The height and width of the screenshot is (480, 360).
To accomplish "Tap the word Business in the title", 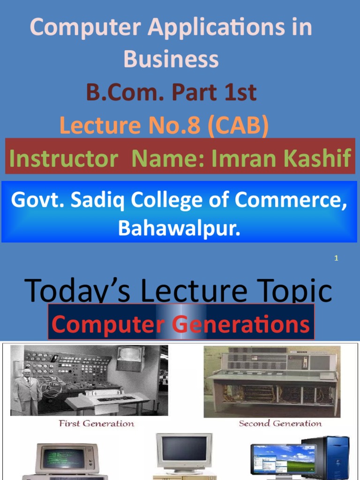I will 171,60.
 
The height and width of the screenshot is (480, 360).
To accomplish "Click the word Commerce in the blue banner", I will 292,201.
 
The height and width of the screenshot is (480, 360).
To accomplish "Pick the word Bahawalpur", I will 179,228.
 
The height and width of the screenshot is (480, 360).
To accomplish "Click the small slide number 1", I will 336,258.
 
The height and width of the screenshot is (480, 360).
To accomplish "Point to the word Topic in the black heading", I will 293,291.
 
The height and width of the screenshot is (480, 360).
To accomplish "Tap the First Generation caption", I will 96,424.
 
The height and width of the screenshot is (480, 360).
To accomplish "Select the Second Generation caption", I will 280,424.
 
